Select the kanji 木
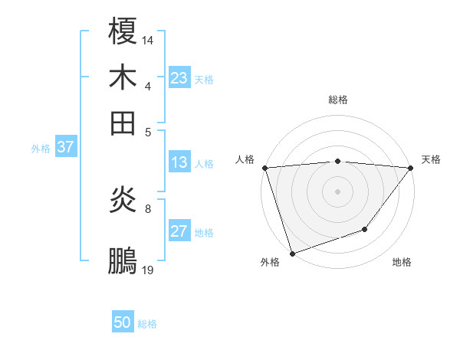[x=123, y=77]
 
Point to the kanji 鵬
[x=123, y=260]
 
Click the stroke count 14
[x=148, y=39]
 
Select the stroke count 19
[x=148, y=270]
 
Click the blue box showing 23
[x=179, y=78]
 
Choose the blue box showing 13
[x=179, y=162]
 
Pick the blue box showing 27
[x=179, y=231]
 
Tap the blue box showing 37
[x=65, y=147]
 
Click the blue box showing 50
[x=123, y=322]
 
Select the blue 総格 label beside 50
[x=147, y=324]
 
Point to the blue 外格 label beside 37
[x=40, y=149]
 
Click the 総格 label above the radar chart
[x=337, y=100]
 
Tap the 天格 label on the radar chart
[x=431, y=159]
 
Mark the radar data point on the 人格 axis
[x=264, y=167]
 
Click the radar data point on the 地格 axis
[x=365, y=229]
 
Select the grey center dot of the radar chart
[x=337, y=191]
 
